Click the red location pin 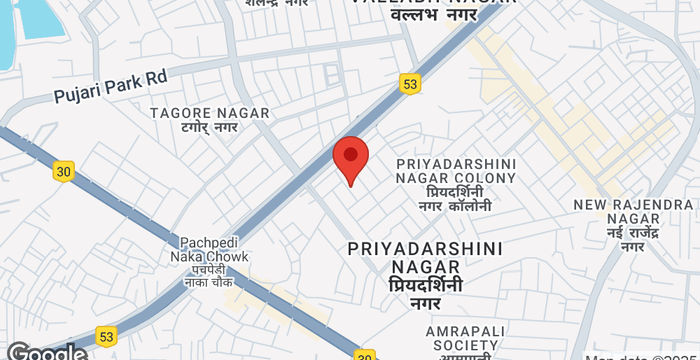click(350, 158)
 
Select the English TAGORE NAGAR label click(210, 113)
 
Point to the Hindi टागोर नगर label click(210, 128)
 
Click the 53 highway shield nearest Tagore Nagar click(410, 85)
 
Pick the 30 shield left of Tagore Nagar click(64, 171)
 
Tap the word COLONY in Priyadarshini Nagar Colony click(483, 178)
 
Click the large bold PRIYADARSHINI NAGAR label click(426, 257)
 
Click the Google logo click(44, 351)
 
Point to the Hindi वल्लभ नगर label click(432, 16)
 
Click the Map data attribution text click(640, 355)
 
